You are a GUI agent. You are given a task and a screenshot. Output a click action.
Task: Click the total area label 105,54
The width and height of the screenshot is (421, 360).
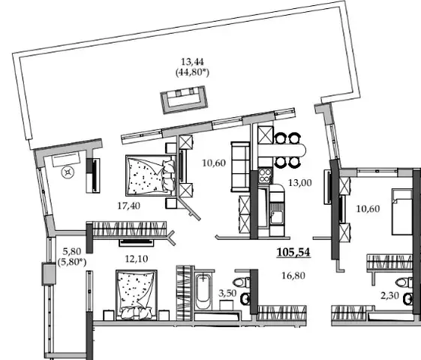coord(293,253)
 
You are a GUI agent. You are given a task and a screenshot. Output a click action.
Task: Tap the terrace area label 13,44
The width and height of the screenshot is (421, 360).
coord(192,62)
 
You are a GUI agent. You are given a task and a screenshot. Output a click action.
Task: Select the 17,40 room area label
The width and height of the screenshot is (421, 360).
coord(129,205)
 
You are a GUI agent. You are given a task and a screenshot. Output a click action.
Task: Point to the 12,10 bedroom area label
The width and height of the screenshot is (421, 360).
coord(137,259)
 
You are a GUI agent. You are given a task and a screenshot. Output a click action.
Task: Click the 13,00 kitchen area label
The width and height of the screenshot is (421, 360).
coord(300,183)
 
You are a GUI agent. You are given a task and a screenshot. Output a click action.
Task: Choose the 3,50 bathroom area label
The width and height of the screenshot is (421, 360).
coord(227,293)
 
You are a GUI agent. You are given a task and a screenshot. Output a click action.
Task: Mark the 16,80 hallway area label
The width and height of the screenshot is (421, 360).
coord(293,275)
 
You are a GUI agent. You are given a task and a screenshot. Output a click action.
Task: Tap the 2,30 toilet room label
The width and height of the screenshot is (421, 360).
coord(389,296)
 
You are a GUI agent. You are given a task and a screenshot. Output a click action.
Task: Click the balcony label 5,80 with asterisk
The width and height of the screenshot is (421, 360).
coord(72,256)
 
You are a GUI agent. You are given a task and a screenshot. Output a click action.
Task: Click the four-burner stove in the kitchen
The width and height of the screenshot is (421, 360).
coord(265,176)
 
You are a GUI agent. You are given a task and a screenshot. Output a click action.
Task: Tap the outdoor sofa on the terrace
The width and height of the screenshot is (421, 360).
coord(184,100)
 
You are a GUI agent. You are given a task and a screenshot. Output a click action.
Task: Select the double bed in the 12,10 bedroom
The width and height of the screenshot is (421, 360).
coord(137,295)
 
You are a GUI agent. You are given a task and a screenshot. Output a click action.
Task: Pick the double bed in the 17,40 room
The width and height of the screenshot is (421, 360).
coord(150,175)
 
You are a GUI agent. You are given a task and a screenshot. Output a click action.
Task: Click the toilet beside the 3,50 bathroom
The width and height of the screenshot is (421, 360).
coord(242,282)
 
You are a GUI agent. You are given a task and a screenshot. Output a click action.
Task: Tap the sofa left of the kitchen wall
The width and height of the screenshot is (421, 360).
coord(240,166)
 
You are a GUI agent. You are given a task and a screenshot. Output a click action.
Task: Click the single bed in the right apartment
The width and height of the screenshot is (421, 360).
coord(402,212)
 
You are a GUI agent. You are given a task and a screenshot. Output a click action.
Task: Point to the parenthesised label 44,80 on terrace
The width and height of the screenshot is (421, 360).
coord(192,73)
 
